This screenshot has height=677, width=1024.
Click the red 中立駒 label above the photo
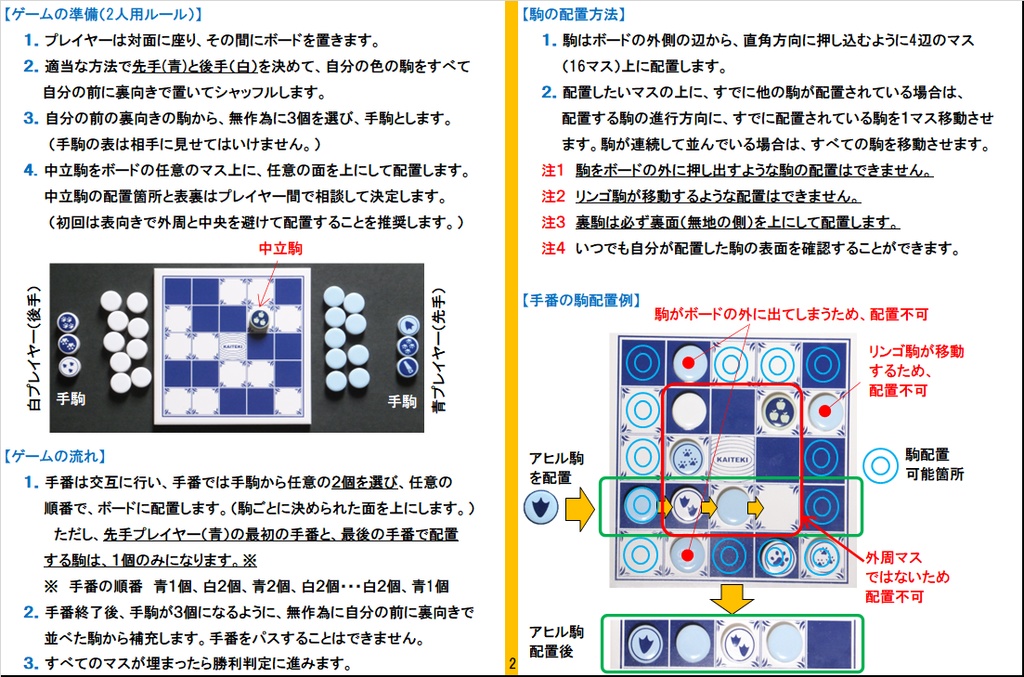pos(280,248)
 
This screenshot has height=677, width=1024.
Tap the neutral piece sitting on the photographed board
pos(259,320)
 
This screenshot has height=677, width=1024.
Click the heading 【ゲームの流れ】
pos(55,456)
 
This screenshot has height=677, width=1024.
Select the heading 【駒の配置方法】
pos(574,14)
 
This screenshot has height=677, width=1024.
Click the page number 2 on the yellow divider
pos(512,664)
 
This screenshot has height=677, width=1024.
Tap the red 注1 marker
pos(552,170)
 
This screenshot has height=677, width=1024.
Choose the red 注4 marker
pos(552,249)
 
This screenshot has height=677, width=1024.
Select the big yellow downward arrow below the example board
pos(731,599)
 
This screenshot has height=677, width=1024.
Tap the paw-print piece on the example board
pos(687,458)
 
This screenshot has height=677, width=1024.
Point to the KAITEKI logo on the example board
pos(731,459)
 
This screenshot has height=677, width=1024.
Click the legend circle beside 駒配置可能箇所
pos(880,465)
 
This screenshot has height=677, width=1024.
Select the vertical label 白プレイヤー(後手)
pos(34,349)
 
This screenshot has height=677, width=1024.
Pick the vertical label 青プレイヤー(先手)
pos(439,350)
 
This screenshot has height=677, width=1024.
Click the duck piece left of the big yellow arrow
pos(541,508)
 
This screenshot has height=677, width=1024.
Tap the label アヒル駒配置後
pos(556,641)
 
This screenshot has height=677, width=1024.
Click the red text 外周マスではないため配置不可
pos(907,577)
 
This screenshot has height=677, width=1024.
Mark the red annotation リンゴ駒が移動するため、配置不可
pos(916,371)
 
